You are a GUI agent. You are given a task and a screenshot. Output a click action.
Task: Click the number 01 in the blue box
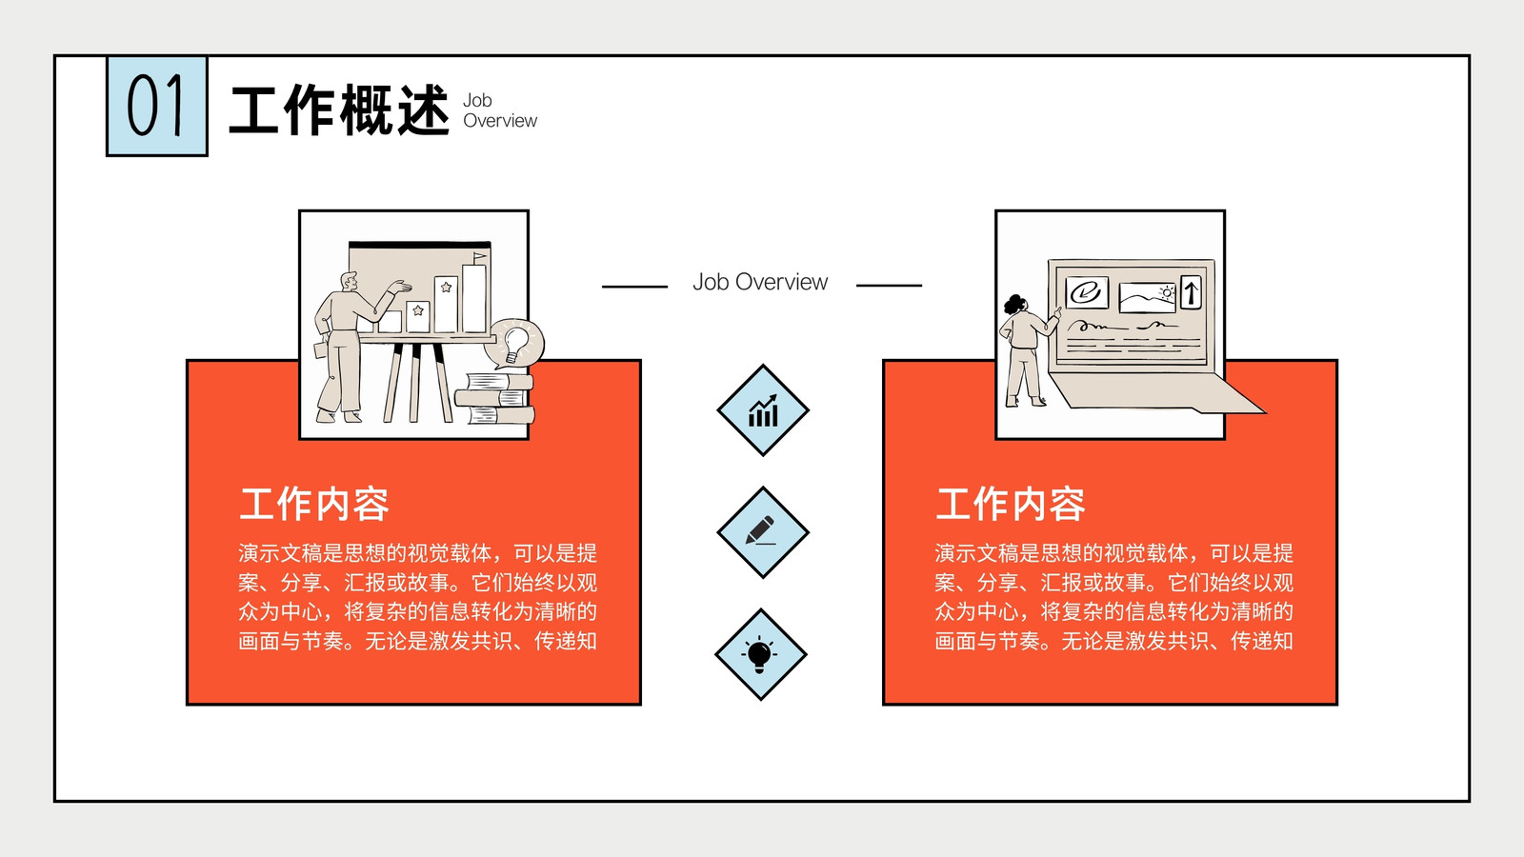click(156, 106)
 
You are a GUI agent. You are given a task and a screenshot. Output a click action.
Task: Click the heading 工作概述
click(339, 110)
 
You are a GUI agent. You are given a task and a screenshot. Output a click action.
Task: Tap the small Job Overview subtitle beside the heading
click(500, 110)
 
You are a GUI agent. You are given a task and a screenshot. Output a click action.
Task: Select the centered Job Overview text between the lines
click(760, 282)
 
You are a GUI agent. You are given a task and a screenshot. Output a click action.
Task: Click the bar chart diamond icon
click(763, 410)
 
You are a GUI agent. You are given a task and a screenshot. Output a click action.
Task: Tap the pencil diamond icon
click(763, 532)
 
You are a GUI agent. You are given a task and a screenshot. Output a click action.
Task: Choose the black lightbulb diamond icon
click(761, 654)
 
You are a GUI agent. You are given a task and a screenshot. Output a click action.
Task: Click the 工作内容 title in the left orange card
click(314, 504)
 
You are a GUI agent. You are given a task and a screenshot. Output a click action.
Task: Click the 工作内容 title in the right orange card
click(1011, 504)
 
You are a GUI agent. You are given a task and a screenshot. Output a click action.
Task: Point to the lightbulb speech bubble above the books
click(515, 344)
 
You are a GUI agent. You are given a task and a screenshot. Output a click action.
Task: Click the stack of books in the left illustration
click(494, 399)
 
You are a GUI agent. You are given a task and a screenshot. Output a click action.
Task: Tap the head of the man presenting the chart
click(349, 281)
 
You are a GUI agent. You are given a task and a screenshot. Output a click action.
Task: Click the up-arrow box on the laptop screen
click(1191, 292)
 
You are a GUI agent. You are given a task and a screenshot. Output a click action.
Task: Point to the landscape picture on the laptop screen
click(1148, 298)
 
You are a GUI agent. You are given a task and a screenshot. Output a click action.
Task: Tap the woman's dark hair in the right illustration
click(1014, 304)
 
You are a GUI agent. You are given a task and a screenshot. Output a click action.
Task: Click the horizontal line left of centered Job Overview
click(634, 287)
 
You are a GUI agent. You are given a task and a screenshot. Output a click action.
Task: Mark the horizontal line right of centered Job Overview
click(890, 286)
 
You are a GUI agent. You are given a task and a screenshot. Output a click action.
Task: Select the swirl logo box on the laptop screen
click(1087, 292)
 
